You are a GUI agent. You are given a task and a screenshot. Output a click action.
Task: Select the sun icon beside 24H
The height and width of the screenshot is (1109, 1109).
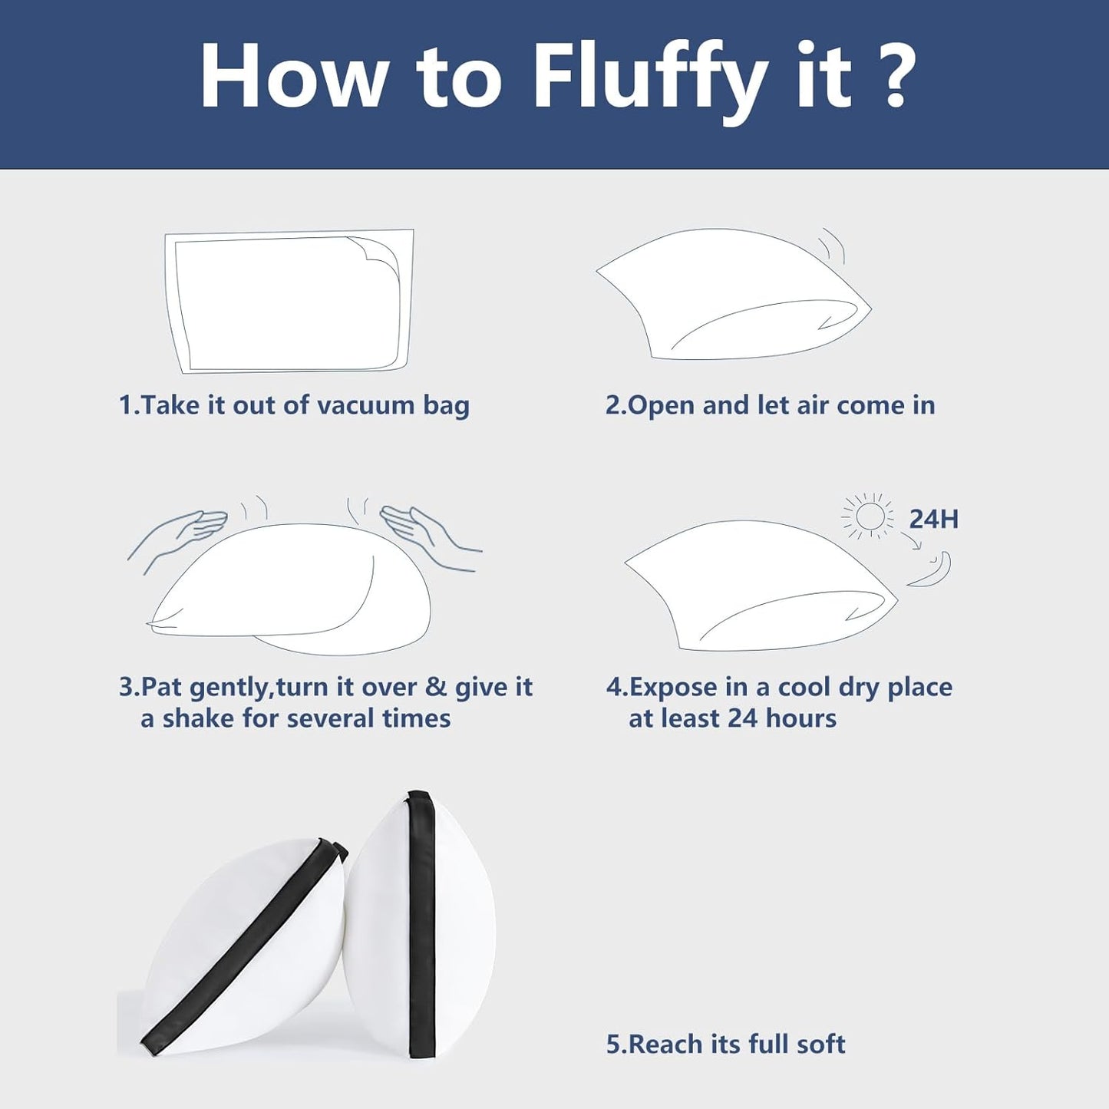[869, 517]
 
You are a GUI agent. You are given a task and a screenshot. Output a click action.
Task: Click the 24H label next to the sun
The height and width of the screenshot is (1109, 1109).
[933, 519]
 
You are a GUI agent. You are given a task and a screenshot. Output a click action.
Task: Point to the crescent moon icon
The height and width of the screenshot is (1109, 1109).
[929, 570]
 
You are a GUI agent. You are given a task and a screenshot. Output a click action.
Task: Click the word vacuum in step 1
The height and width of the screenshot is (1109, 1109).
[366, 406]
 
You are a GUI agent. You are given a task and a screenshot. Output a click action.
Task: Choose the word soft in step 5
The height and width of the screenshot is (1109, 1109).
[820, 1044]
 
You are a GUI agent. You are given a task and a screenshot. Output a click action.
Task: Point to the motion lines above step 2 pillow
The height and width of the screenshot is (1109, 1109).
[832, 246]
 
